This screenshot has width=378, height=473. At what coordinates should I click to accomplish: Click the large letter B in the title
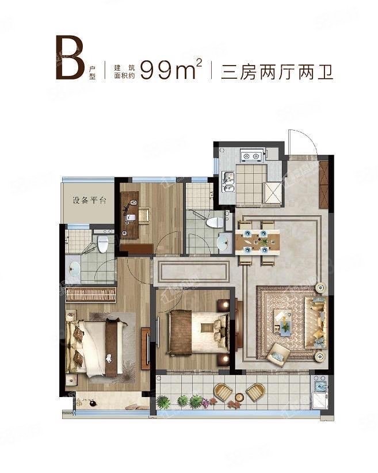click(70, 58)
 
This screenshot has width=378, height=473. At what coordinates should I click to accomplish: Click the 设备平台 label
click(89, 200)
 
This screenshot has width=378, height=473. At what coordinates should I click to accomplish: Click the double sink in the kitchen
click(228, 181)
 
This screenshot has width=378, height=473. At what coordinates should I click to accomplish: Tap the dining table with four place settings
click(257, 242)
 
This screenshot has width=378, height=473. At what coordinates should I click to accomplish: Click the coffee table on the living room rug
click(282, 321)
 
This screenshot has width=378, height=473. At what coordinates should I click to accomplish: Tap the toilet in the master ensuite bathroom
click(103, 244)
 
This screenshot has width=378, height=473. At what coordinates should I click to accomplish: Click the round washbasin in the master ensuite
click(74, 268)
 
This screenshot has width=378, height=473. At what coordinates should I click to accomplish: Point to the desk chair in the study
click(144, 215)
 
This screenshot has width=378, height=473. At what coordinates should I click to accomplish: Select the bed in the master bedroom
click(97, 348)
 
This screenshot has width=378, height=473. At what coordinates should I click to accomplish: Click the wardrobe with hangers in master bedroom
click(91, 295)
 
